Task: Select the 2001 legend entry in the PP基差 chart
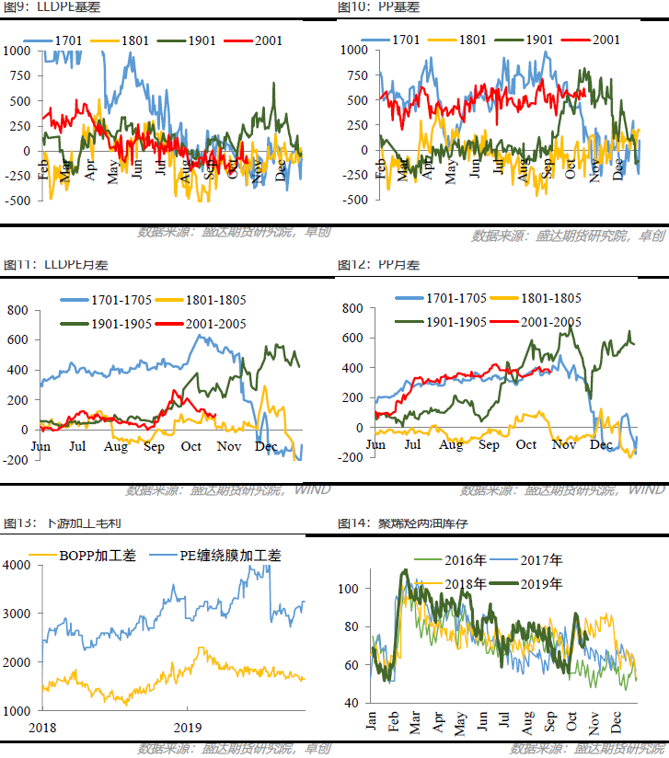(598, 40)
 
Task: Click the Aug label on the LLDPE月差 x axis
(116, 446)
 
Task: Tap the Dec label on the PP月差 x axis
(600, 445)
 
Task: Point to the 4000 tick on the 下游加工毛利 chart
(17, 565)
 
